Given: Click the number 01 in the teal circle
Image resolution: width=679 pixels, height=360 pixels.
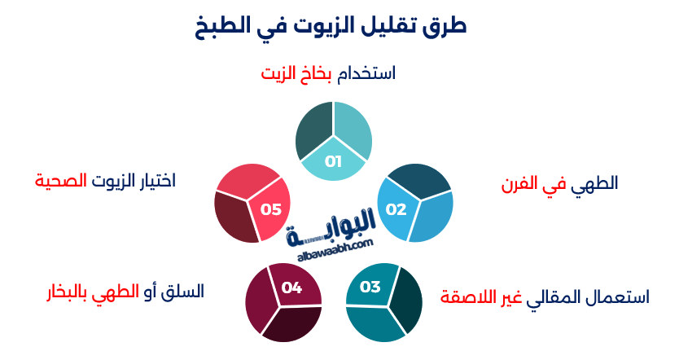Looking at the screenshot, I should [x=333, y=161].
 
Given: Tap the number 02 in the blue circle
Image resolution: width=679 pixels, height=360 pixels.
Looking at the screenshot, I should [x=396, y=209].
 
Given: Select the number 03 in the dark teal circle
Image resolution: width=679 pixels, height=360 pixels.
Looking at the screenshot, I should [x=370, y=287].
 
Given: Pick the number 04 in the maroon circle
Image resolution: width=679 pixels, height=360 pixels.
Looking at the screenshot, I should [x=291, y=288].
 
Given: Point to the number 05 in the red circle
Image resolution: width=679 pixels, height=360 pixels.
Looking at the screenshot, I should [x=270, y=209].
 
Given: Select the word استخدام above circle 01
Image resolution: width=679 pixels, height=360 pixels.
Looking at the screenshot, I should [x=366, y=73].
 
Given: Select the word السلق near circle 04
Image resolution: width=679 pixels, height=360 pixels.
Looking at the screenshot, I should [x=183, y=291].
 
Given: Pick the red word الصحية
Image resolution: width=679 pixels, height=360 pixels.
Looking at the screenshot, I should [x=61, y=180].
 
